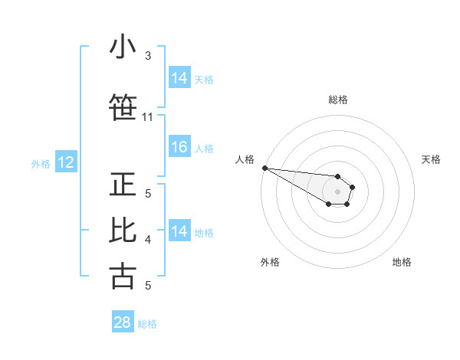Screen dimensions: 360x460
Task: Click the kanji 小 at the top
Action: click(x=123, y=47)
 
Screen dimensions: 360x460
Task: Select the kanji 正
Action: click(x=123, y=185)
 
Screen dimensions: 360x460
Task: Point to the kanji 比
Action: click(x=123, y=231)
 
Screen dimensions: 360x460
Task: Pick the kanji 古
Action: click(x=123, y=275)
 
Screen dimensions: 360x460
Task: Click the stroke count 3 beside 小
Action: click(x=148, y=56)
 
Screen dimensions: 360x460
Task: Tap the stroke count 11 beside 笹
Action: click(x=148, y=117)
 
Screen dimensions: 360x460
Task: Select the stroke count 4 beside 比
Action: click(x=148, y=240)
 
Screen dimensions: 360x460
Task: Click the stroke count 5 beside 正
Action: click(x=148, y=194)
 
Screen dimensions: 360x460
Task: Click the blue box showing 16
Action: click(x=179, y=148)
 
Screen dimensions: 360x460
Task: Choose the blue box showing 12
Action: click(x=66, y=162)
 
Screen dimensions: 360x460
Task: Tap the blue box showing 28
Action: click(x=123, y=322)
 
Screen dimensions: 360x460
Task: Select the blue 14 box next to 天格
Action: click(x=179, y=77)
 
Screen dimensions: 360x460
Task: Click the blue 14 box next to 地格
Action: click(x=179, y=231)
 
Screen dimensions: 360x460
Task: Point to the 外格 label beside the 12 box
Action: click(x=41, y=163)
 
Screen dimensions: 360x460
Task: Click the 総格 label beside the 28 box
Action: click(x=147, y=324)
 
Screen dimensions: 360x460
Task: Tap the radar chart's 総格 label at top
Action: click(x=338, y=100)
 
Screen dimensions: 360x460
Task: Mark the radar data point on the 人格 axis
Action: click(x=264, y=168)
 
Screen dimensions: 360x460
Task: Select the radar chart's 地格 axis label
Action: click(x=402, y=262)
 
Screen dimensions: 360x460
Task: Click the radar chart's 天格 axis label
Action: click(x=432, y=159)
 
